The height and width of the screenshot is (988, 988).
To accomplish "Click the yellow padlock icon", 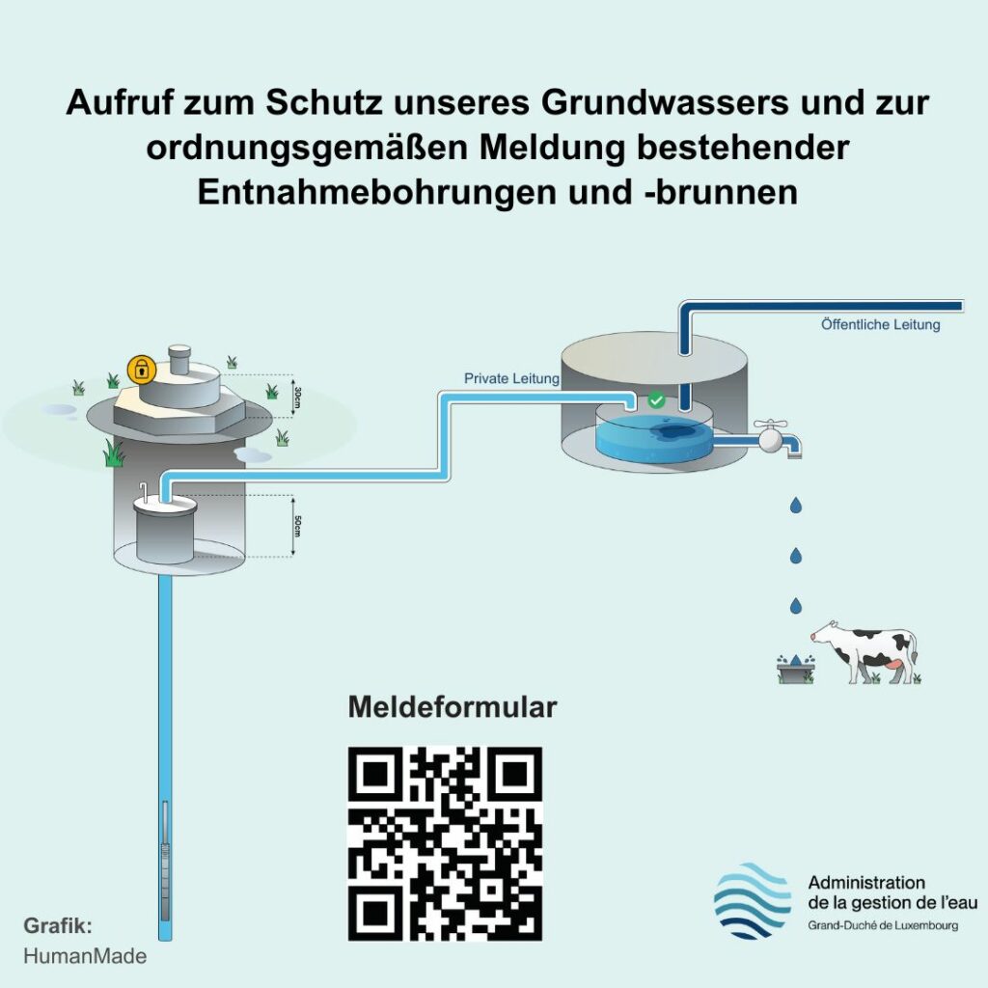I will coord(141,369).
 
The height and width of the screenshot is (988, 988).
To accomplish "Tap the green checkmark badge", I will coord(656,399).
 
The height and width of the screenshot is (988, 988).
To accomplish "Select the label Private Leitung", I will coord(511,378).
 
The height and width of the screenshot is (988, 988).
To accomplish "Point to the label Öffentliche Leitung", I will coord(880,325).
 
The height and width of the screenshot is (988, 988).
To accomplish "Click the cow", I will coord(864,653).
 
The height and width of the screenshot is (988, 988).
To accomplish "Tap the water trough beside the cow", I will coord(795,669).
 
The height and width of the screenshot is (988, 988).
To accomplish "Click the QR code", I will coord(445,843).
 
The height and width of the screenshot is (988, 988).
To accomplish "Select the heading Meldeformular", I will coord(452,707).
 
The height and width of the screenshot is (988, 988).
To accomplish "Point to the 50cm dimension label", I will coord(298,527).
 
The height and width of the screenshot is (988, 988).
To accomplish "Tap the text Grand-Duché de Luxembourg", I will coord(882,926).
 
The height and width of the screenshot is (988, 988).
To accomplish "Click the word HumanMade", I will coord(85,956).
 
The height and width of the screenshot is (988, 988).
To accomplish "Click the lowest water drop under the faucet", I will coord(796,606).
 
